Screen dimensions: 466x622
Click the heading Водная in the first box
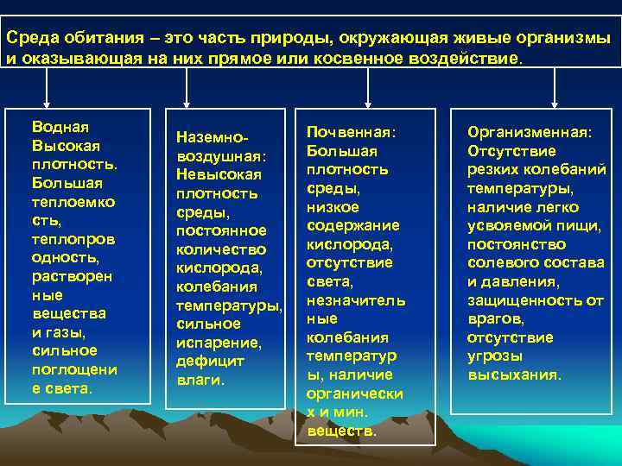pyautogui.click(x=60, y=126)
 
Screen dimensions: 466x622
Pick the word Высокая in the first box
pyautogui.click(x=66, y=145)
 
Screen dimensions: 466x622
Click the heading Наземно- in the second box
pyautogui.click(x=213, y=138)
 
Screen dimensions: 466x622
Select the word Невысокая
pyautogui.click(x=219, y=175)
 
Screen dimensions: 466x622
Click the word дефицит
pyautogui.click(x=210, y=361)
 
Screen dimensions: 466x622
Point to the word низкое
pyautogui.click(x=333, y=207)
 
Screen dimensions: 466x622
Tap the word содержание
pyautogui.click(x=353, y=225)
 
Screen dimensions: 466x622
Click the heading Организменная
pyautogui.click(x=530, y=132)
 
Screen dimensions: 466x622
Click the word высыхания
pyautogui.click(x=513, y=375)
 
